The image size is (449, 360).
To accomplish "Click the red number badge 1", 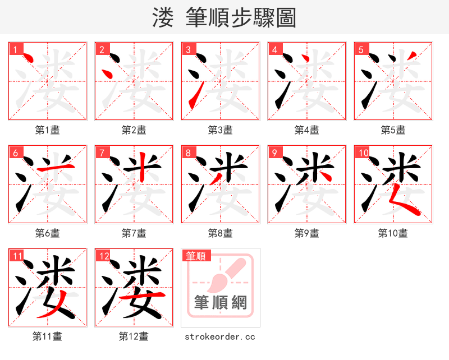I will pos(15,49).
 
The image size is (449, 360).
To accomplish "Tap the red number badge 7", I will pos(102,153).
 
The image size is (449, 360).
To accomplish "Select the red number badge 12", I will pos(103,256).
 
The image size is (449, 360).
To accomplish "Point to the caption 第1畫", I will pos(47,130).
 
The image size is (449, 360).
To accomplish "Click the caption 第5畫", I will pos(393,130).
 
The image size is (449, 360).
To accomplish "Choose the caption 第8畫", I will pos(220,233).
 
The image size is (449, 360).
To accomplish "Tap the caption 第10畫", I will pos(393,233).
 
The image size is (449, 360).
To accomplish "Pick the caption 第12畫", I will pos(134,336).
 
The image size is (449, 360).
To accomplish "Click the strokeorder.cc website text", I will pos(220,336).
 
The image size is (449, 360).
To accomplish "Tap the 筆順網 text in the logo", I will pos(221,303).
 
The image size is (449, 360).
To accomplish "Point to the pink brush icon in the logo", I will pos(227,275).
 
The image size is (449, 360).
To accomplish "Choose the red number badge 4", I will pos(274,49).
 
